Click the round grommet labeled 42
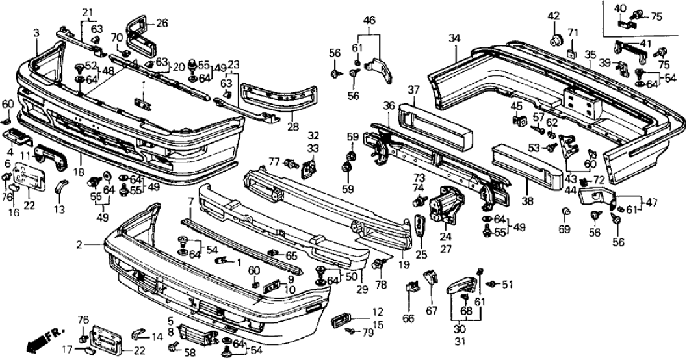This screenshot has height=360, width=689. pos(555,40)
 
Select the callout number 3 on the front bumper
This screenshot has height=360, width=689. pos(36,32)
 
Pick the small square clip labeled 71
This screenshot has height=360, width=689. pos(572,51)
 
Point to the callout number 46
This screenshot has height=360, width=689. pos(369,21)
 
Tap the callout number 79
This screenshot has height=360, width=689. pos(367,334)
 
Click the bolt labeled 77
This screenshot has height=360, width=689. pos(292,164)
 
